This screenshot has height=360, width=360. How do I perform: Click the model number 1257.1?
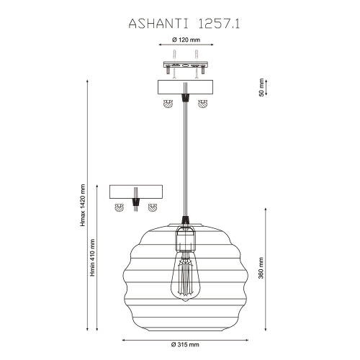[x=218, y=23]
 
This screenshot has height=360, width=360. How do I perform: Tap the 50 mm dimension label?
[x=261, y=87]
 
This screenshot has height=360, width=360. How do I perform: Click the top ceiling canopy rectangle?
[x=186, y=88]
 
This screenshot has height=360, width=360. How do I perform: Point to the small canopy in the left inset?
[x=136, y=192]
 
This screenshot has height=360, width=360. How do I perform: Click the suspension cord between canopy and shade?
[x=186, y=158]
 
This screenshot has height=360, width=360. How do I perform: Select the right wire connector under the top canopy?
[x=203, y=104]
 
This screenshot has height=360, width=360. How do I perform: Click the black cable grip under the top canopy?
[x=186, y=98]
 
